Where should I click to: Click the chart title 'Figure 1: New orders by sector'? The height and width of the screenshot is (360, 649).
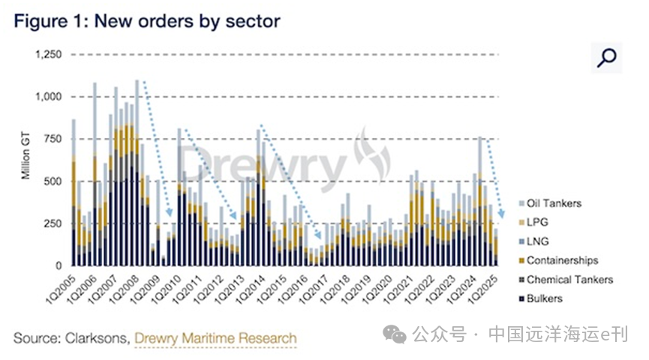click(x=147, y=21)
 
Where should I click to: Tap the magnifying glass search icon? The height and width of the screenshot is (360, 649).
click(x=606, y=57)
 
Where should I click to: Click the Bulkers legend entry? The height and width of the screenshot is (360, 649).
click(x=544, y=298)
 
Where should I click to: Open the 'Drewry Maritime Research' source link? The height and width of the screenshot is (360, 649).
click(x=215, y=338)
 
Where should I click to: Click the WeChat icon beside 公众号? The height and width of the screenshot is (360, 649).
click(x=395, y=334)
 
